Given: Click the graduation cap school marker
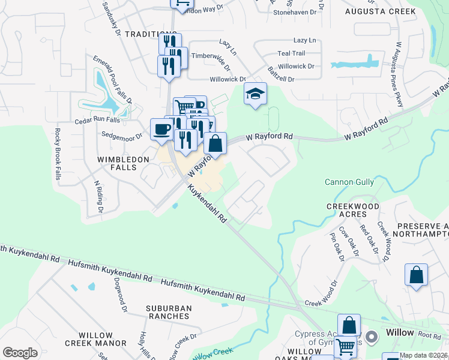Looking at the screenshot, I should click(255, 94).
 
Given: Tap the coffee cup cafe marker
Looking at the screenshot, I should click(161, 130).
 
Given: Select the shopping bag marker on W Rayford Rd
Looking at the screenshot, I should click(215, 143).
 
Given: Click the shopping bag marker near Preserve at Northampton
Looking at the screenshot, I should click(416, 275).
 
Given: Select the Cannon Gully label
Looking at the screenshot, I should click(349, 182).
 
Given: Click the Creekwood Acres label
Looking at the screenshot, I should click(352, 211).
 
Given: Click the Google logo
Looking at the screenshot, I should click(20, 352).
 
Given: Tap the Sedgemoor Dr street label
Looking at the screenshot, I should click(121, 135).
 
